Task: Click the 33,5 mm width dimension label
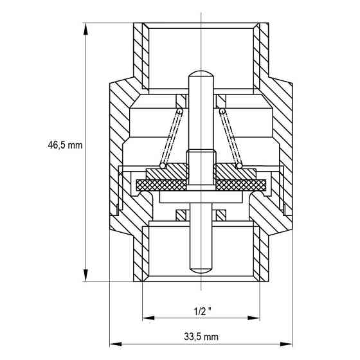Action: tap(200, 337)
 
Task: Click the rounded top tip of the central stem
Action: tap(201, 72)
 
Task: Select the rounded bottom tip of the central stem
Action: tap(201, 267)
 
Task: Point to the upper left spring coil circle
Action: tap(181, 111)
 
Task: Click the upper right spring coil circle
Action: tap(221, 111)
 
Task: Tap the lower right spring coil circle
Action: tap(239, 166)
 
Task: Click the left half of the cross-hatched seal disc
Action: tap(161, 185)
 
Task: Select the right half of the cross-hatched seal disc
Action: tap(241, 185)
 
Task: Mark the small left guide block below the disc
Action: tap(181, 213)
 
